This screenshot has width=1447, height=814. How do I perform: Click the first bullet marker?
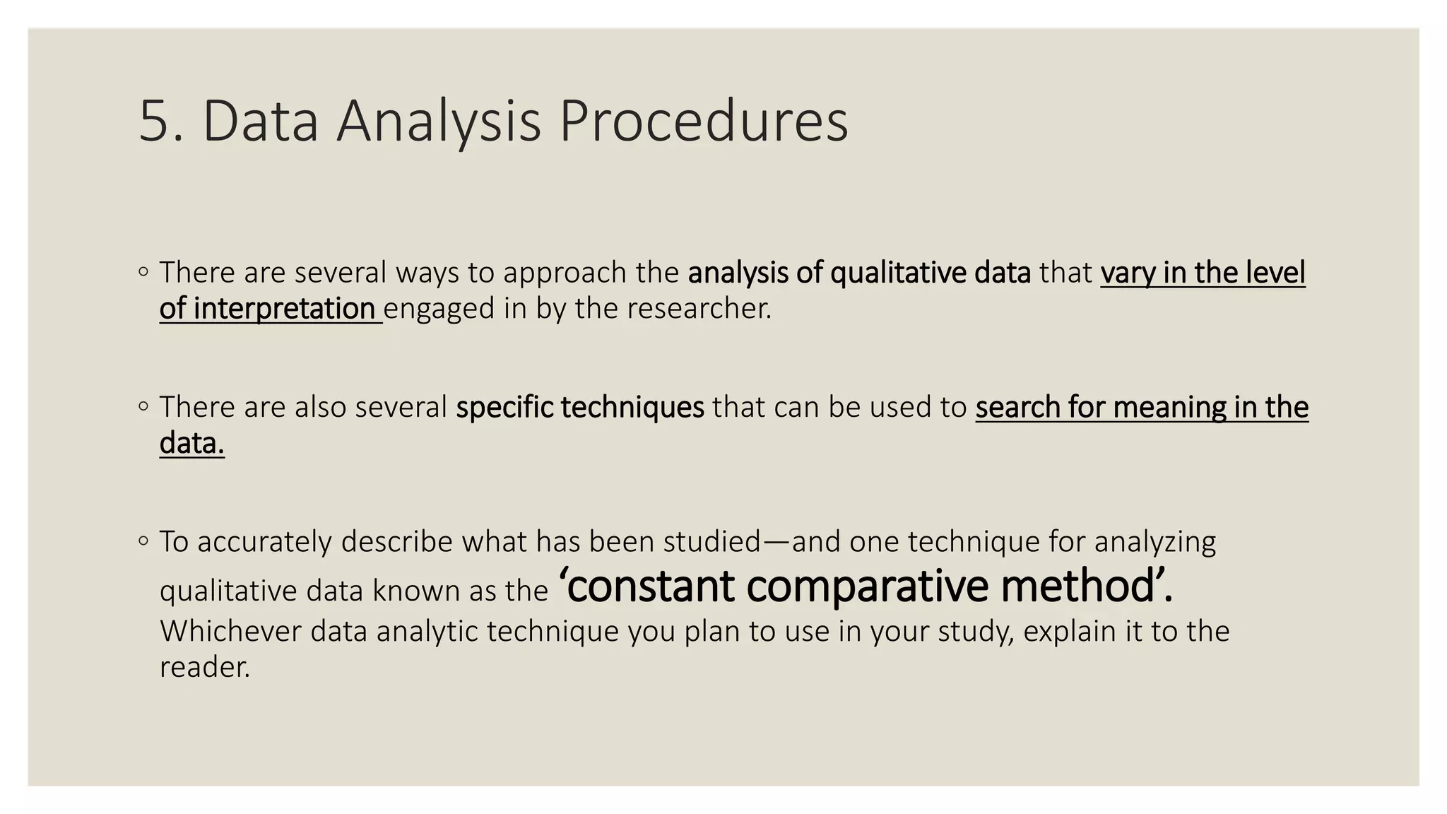coord(143,271)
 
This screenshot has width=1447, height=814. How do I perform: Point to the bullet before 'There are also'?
coord(143,406)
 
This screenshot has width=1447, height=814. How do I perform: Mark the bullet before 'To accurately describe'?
coord(143,541)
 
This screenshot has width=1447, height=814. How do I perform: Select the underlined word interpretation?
coord(284,309)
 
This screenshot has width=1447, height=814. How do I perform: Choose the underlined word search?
coord(1017,408)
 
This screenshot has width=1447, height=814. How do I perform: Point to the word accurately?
coord(265,542)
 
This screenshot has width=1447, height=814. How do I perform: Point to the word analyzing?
coord(1155,542)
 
